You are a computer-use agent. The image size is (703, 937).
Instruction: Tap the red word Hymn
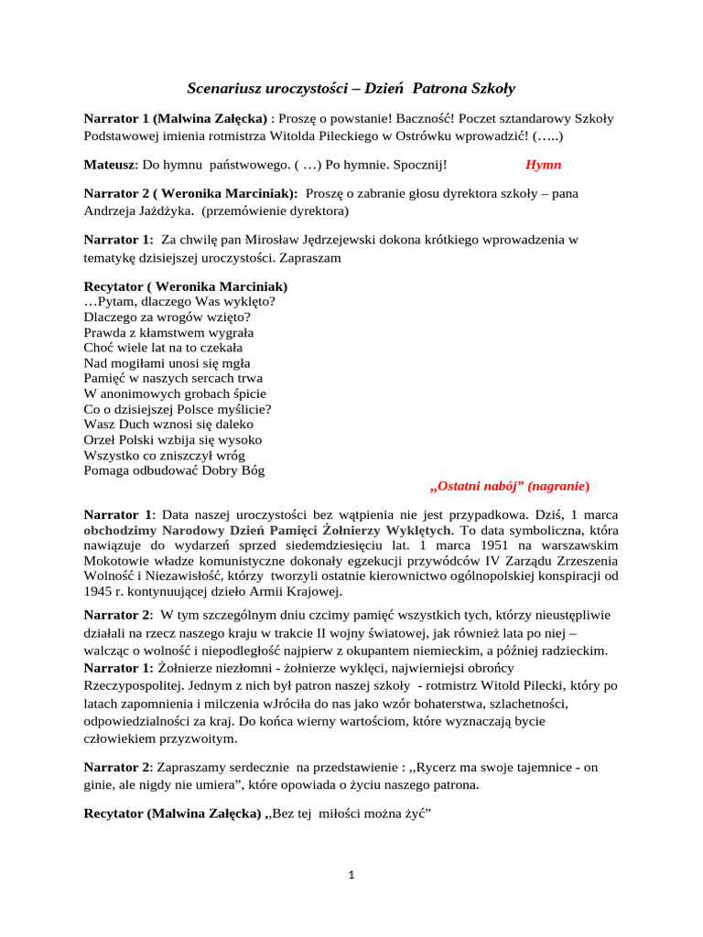(x=544, y=165)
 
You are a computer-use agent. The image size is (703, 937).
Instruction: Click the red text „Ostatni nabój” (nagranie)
(x=510, y=485)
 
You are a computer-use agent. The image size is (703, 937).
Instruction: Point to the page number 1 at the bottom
(x=351, y=875)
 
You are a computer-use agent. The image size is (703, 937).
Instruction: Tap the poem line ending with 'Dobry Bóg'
(x=174, y=470)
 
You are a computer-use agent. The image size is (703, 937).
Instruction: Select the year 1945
(x=100, y=592)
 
